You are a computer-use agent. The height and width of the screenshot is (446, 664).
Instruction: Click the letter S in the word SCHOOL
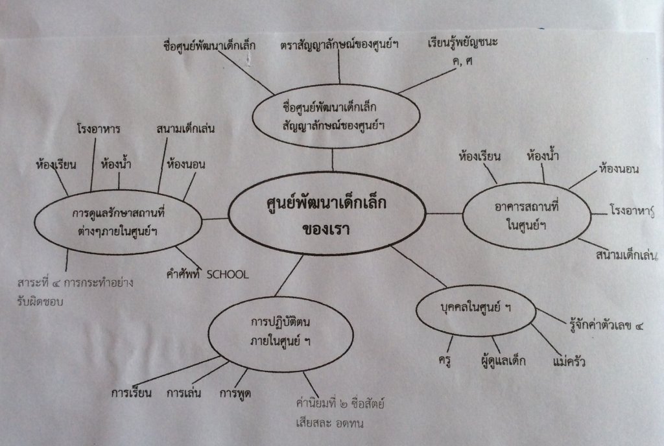coord(210,275)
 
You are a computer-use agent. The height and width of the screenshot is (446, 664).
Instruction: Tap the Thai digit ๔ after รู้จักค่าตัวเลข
coord(639,326)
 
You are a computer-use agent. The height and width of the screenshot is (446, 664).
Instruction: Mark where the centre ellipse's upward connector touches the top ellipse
coord(333,148)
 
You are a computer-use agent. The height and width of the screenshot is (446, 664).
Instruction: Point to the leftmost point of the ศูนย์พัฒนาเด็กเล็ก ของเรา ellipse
coord(228,213)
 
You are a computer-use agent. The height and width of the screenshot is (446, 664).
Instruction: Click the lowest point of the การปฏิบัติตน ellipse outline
coord(280,371)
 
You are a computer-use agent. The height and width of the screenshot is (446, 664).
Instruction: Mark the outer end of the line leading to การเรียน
coord(137,386)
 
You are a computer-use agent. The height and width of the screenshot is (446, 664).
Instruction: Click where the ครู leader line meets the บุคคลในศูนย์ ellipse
coord(453,336)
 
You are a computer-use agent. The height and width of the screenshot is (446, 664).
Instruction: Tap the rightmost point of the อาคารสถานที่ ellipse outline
coord(591,215)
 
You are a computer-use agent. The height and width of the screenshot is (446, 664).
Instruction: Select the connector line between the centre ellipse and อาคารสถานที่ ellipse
coord(444,214)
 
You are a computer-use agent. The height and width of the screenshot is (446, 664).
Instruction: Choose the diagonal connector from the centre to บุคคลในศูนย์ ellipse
coord(418,266)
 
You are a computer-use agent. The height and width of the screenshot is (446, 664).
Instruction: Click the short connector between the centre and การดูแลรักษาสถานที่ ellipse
coord(215,219)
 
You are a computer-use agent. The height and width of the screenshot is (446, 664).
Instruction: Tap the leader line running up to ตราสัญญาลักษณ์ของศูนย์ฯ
coord(338,67)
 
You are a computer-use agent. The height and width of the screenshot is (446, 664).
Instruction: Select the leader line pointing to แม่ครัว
coord(545,340)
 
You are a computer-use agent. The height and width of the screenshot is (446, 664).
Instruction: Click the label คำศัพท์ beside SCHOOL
coord(183,275)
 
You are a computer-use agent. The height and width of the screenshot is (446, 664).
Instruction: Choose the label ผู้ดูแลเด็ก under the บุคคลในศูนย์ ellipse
coord(503,360)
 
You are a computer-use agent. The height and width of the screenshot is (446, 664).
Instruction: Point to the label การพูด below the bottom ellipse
coord(235,393)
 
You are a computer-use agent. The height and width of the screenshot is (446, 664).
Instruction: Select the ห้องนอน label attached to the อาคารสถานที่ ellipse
coord(619,169)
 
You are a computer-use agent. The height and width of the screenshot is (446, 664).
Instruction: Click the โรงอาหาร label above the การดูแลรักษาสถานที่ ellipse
coord(99,128)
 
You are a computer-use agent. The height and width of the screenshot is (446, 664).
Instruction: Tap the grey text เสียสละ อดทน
coord(329,423)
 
